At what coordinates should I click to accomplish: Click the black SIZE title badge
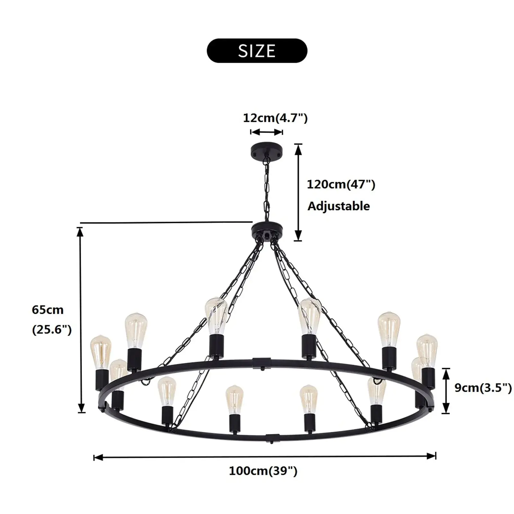[x=257, y=51]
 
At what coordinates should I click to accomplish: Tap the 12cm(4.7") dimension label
[x=275, y=118]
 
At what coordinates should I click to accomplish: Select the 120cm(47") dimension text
[x=341, y=184]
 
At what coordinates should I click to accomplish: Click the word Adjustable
[x=339, y=206]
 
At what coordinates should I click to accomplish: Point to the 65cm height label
[x=48, y=310]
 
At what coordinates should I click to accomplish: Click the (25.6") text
[x=52, y=330]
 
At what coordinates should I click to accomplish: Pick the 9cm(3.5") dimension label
[x=483, y=388]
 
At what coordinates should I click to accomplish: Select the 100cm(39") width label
[x=263, y=471]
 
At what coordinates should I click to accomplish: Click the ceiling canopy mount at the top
[x=266, y=150]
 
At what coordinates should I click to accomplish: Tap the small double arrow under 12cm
[x=267, y=132]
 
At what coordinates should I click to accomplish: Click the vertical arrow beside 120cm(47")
[x=298, y=192]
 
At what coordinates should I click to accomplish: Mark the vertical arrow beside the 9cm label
[x=446, y=391]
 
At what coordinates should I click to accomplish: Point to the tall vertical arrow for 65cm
[x=81, y=320]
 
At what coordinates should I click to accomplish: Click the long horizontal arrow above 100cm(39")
[x=264, y=456]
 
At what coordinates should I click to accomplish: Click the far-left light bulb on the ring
[x=101, y=352]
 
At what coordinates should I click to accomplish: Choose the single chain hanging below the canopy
[x=266, y=190]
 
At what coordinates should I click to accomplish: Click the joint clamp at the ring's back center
[x=262, y=363]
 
